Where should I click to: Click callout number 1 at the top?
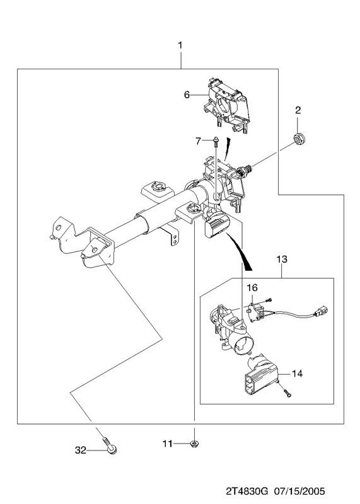click(x=180, y=45)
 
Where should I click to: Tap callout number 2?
click(x=298, y=110)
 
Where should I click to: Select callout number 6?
click(x=187, y=95)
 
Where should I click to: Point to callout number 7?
click(x=198, y=140)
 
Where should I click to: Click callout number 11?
click(x=168, y=444)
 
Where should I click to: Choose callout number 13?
click(x=282, y=259)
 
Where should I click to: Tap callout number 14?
click(x=297, y=374)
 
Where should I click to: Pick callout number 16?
click(x=252, y=287)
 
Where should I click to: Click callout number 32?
click(x=81, y=450)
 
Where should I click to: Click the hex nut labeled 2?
click(x=300, y=139)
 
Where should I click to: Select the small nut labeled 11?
click(x=194, y=444)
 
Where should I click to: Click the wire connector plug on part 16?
click(x=322, y=311)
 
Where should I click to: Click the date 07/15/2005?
click(x=299, y=491)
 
